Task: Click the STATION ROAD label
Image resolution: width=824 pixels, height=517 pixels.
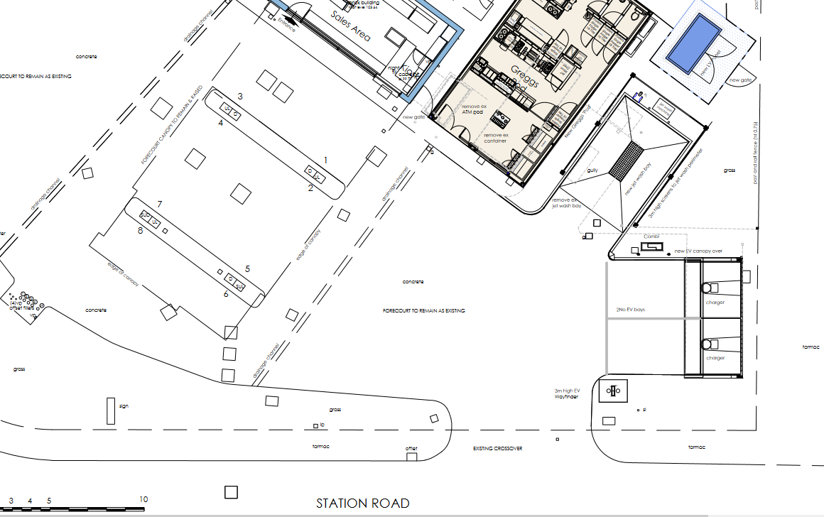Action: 363,504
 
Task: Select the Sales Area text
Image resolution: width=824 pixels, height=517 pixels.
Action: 351,26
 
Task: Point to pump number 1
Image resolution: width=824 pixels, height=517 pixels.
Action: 326,160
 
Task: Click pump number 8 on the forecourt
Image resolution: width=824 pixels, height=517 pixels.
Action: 140,231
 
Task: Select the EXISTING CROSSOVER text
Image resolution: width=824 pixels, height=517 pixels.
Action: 498,449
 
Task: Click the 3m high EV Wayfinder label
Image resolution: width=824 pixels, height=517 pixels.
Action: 568,394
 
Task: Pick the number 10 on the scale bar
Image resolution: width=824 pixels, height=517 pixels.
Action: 143,499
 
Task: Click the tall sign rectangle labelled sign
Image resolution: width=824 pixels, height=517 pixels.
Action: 111,411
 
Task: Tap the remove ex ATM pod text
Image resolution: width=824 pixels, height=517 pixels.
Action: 472,108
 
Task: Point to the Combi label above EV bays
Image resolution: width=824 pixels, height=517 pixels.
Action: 652,236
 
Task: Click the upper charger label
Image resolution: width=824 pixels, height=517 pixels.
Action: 715,303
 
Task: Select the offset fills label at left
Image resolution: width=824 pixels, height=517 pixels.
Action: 22,308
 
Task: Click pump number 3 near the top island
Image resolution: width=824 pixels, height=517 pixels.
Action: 240,96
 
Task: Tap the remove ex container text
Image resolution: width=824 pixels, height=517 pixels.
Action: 497,138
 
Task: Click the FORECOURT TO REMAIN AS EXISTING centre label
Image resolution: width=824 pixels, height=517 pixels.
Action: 423,311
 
